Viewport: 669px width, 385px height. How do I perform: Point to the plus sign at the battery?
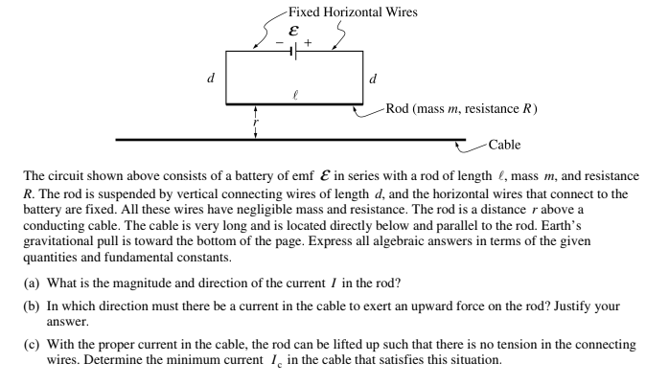coord(309,42)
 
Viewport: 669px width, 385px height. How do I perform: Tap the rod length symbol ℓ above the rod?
coord(294,94)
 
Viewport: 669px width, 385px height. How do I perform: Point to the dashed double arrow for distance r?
coord(256,122)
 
